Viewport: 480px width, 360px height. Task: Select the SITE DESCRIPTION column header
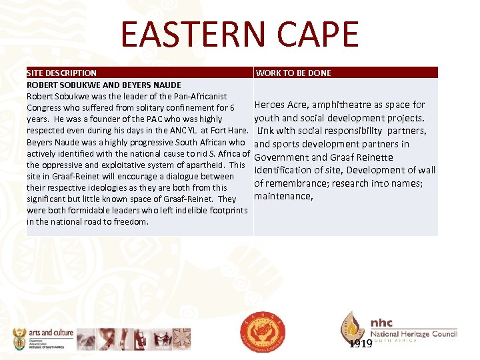61,73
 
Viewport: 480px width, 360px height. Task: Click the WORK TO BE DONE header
293,73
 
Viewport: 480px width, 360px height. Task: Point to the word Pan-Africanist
199,97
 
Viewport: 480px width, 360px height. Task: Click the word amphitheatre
337,105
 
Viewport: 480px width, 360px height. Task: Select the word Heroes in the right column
269,105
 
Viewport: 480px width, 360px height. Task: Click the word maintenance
283,196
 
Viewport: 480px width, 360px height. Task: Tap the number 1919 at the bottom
360,344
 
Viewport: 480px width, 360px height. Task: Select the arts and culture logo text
51,333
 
